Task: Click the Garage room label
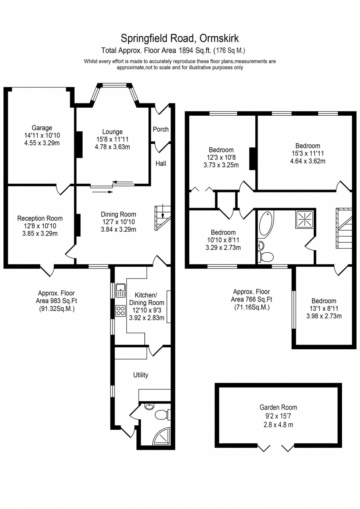(x=42, y=128)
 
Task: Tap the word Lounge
(x=112, y=132)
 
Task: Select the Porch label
(x=161, y=129)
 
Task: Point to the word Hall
(x=161, y=163)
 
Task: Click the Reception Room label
(x=40, y=219)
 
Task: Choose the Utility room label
(x=141, y=375)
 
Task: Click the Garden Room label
(x=278, y=407)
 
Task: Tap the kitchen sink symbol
(x=120, y=290)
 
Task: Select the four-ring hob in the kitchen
(x=120, y=311)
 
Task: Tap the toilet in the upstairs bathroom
(x=266, y=256)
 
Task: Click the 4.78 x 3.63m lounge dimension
(x=112, y=147)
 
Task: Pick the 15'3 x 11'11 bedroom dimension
(x=307, y=154)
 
